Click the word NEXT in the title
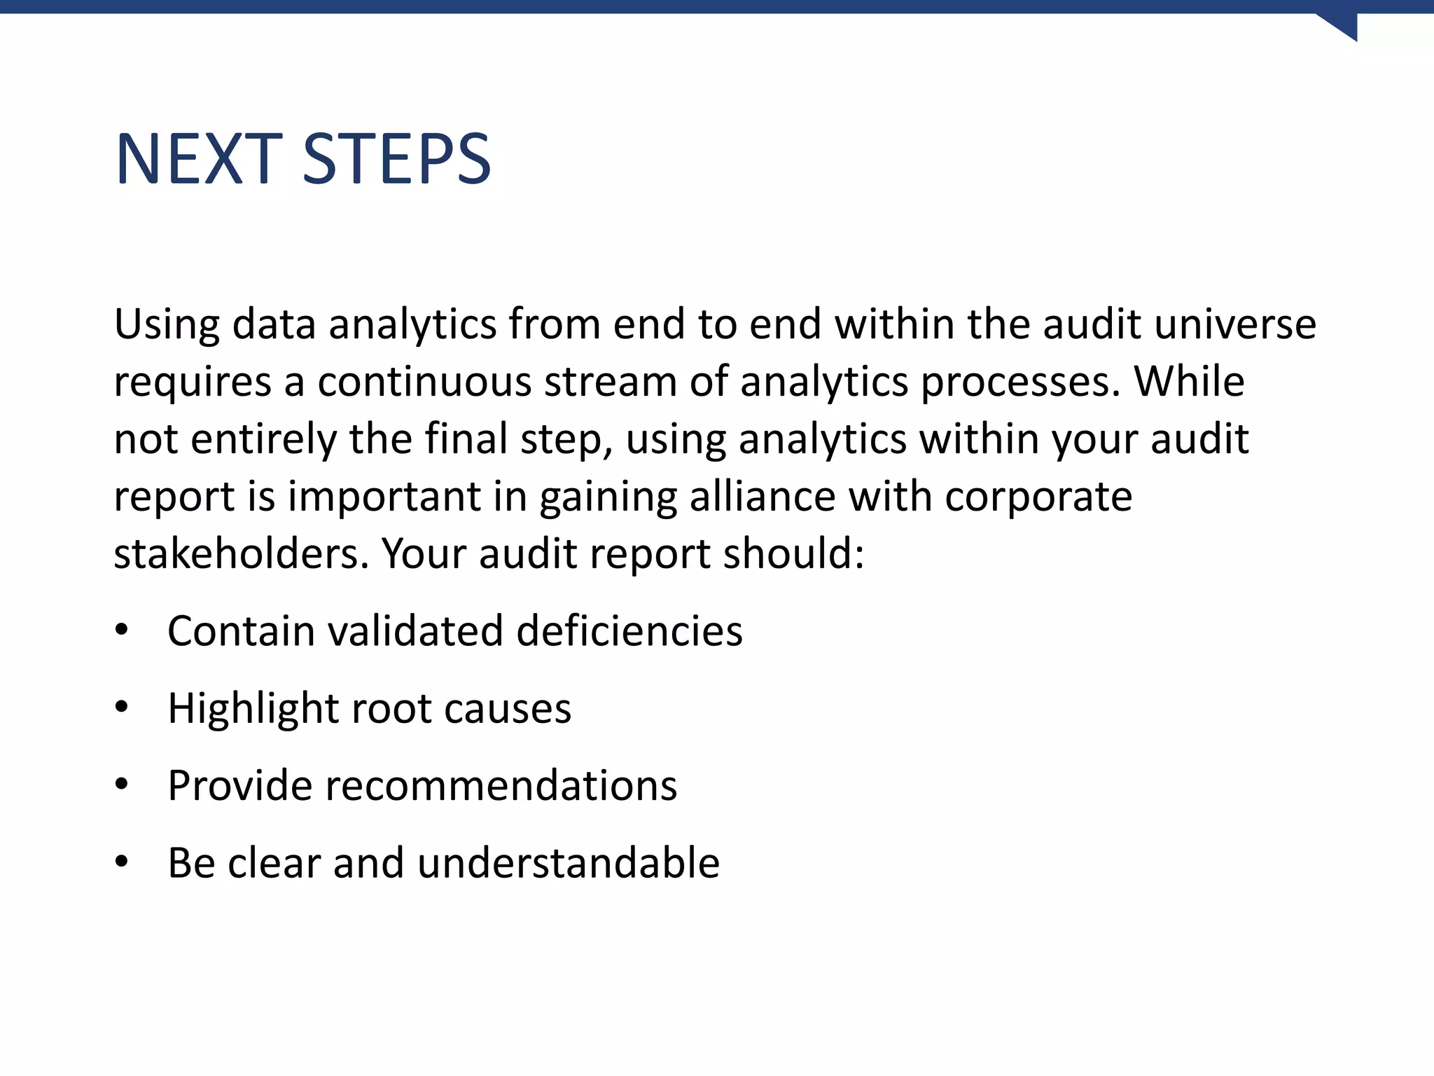point(199,160)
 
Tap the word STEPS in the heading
point(397,160)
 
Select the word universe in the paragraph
point(1235,324)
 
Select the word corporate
point(1038,498)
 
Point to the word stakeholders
point(241,554)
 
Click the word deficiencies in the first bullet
point(629,630)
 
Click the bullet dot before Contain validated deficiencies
point(122,630)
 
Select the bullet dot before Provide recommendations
point(122,785)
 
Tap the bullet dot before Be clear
point(122,862)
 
